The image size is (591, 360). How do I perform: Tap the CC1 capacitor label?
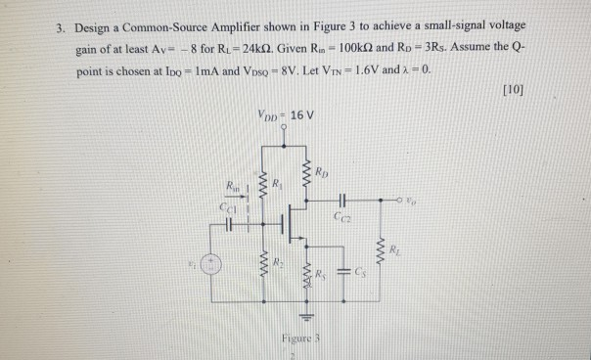[226, 206]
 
